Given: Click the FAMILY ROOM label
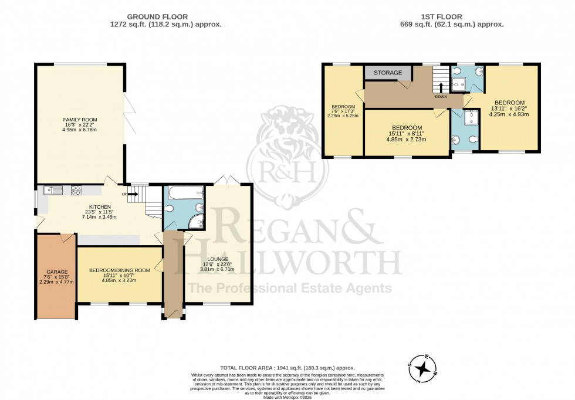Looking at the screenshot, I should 80,120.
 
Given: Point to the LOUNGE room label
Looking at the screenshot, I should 218,259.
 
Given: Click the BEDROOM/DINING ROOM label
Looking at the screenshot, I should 119,270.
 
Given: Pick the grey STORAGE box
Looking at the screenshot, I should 388,73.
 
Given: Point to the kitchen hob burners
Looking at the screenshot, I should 76,189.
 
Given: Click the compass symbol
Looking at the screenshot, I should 421,368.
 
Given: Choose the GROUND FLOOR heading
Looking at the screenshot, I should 157,17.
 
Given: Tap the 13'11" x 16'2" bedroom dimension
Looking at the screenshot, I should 509,108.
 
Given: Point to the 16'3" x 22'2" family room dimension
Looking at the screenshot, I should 80,125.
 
